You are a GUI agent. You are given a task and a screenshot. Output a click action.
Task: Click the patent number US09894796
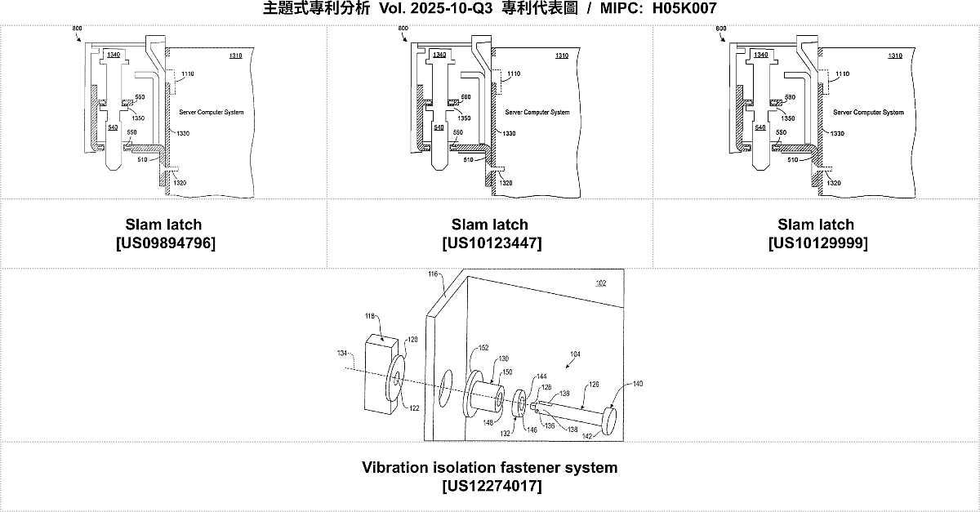[x=163, y=243]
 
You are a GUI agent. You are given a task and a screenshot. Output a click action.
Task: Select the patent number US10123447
[x=490, y=243]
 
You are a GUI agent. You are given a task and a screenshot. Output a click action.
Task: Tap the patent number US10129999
[x=817, y=243]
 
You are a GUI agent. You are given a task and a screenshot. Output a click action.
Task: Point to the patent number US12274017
[x=490, y=487]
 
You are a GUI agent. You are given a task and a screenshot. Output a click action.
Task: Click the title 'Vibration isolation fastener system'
[x=490, y=468]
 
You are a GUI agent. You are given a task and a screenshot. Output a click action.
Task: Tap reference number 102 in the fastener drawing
[x=600, y=283]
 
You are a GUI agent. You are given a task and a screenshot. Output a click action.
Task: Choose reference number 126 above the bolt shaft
[x=594, y=385]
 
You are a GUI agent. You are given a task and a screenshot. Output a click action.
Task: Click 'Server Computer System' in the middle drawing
[x=537, y=113]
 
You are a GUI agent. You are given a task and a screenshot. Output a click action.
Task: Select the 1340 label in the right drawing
[x=761, y=55]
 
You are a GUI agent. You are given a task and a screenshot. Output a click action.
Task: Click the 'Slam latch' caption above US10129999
[x=817, y=225]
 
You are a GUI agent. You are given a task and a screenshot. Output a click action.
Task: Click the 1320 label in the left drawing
[x=180, y=183]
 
